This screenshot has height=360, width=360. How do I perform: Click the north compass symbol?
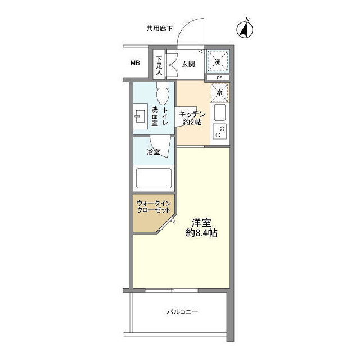pos(245,29)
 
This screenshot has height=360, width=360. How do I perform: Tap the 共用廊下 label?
pos(160,29)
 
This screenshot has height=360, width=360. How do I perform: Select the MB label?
pos(135,62)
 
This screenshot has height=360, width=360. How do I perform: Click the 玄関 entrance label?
pos(188,64)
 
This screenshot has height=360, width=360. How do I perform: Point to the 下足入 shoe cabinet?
pos(159,65)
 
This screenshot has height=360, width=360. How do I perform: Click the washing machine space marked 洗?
pos(218,61)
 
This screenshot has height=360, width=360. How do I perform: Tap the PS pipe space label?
pos(219,78)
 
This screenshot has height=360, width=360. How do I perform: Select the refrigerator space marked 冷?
pos(220,93)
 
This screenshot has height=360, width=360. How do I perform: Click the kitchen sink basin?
pos(220,112)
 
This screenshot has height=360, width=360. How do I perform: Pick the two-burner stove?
pos(220,131)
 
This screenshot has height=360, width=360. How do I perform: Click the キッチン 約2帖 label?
pos(192,118)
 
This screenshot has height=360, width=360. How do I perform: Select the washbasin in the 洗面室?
pos(140,116)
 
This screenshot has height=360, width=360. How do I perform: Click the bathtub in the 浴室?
pos(154,178)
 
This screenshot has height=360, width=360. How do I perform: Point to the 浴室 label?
pos(154,152)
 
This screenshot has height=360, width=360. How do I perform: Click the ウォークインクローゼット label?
pos(154,206)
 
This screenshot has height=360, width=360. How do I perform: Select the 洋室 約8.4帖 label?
pos(201,228)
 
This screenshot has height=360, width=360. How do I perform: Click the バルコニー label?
pos(182,312)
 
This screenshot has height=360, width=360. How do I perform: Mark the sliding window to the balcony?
pos(172,290)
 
